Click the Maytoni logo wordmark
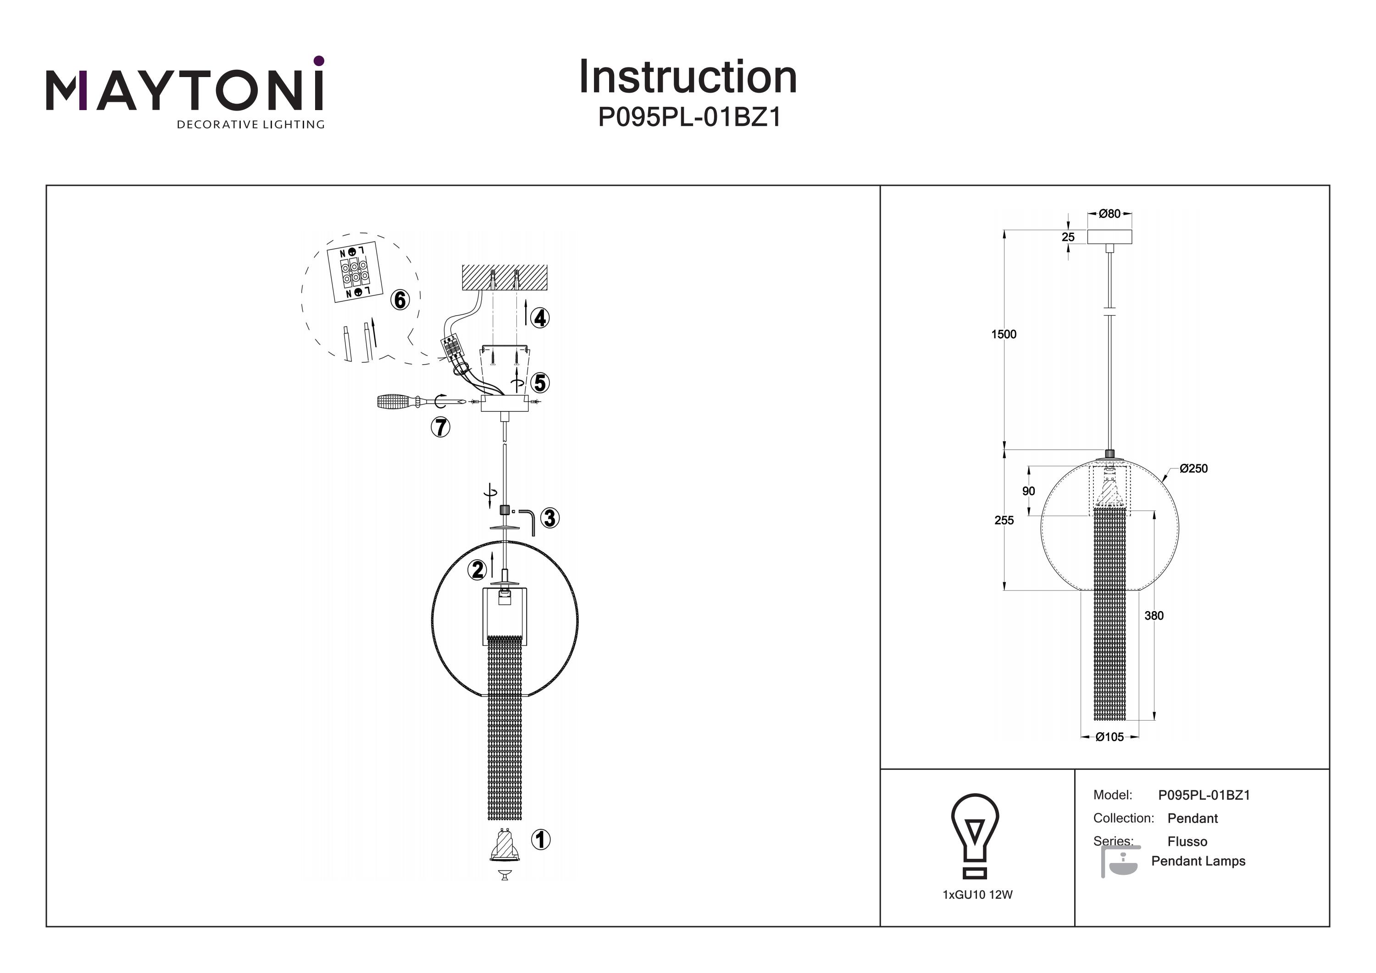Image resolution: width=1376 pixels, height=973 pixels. tap(184, 90)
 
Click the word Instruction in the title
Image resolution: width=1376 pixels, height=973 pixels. tap(688, 78)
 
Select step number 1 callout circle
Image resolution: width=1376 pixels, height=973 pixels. tap(541, 840)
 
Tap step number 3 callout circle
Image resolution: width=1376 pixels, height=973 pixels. tap(549, 518)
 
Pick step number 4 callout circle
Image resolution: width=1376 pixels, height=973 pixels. tap(541, 318)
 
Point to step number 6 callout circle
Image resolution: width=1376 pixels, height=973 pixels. tap(400, 299)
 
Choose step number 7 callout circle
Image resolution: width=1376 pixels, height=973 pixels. tap(440, 428)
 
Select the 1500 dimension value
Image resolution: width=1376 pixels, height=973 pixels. tap(1004, 334)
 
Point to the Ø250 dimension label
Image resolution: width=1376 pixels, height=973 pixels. tap(1193, 469)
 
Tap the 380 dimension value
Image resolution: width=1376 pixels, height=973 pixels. tap(1154, 616)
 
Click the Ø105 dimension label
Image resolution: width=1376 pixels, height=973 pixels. tap(1110, 737)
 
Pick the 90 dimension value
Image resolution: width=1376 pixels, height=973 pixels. tap(1028, 491)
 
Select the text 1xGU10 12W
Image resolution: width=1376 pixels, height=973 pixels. tap(977, 895)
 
